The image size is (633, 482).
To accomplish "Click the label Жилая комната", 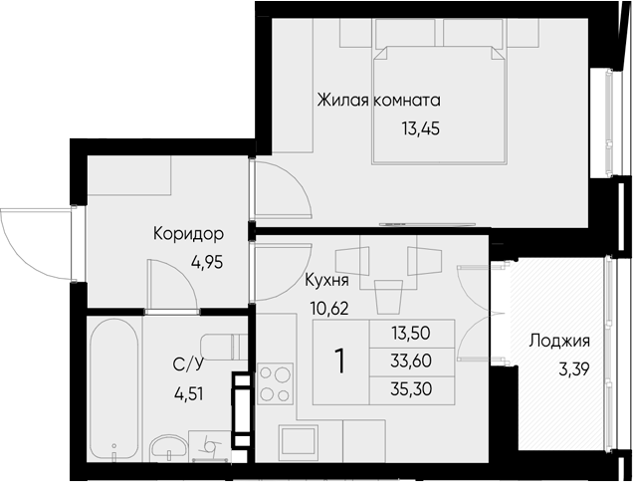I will point(378,101).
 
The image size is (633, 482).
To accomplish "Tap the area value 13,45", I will point(420,127).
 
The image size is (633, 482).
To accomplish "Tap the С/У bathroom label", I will point(188,364).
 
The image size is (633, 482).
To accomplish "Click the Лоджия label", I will point(558,342).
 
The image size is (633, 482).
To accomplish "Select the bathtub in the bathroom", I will point(112,388).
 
